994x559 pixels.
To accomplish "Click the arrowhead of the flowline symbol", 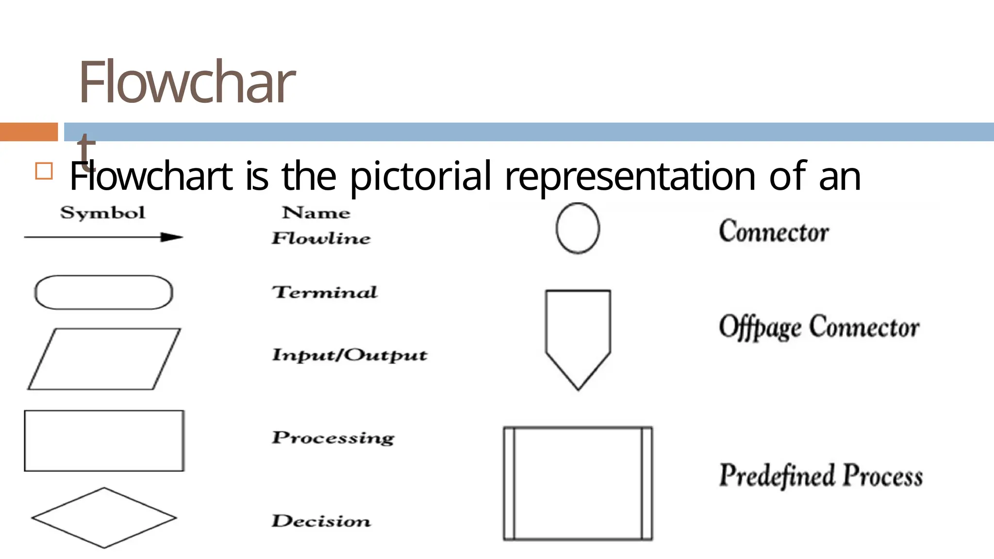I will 172,237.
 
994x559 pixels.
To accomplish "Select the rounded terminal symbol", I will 103,292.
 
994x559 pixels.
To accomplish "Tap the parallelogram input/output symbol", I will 104,359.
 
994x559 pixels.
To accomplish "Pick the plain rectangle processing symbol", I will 104,441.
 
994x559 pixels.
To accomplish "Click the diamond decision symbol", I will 104,518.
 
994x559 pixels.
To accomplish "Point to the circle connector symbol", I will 578,228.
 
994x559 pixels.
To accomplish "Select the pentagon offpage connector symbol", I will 578,335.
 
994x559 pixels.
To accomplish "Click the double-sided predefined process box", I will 578,483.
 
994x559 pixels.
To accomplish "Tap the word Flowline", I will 321,238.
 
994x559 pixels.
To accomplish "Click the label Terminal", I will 324,292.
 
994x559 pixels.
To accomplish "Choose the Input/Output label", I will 349,355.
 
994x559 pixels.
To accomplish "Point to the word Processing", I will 333,438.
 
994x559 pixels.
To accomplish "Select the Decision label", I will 321,521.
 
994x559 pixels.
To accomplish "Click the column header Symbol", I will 102,213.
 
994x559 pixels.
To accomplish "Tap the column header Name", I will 316,213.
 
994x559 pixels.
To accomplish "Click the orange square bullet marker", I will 44,171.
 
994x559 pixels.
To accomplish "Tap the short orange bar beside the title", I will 29,132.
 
